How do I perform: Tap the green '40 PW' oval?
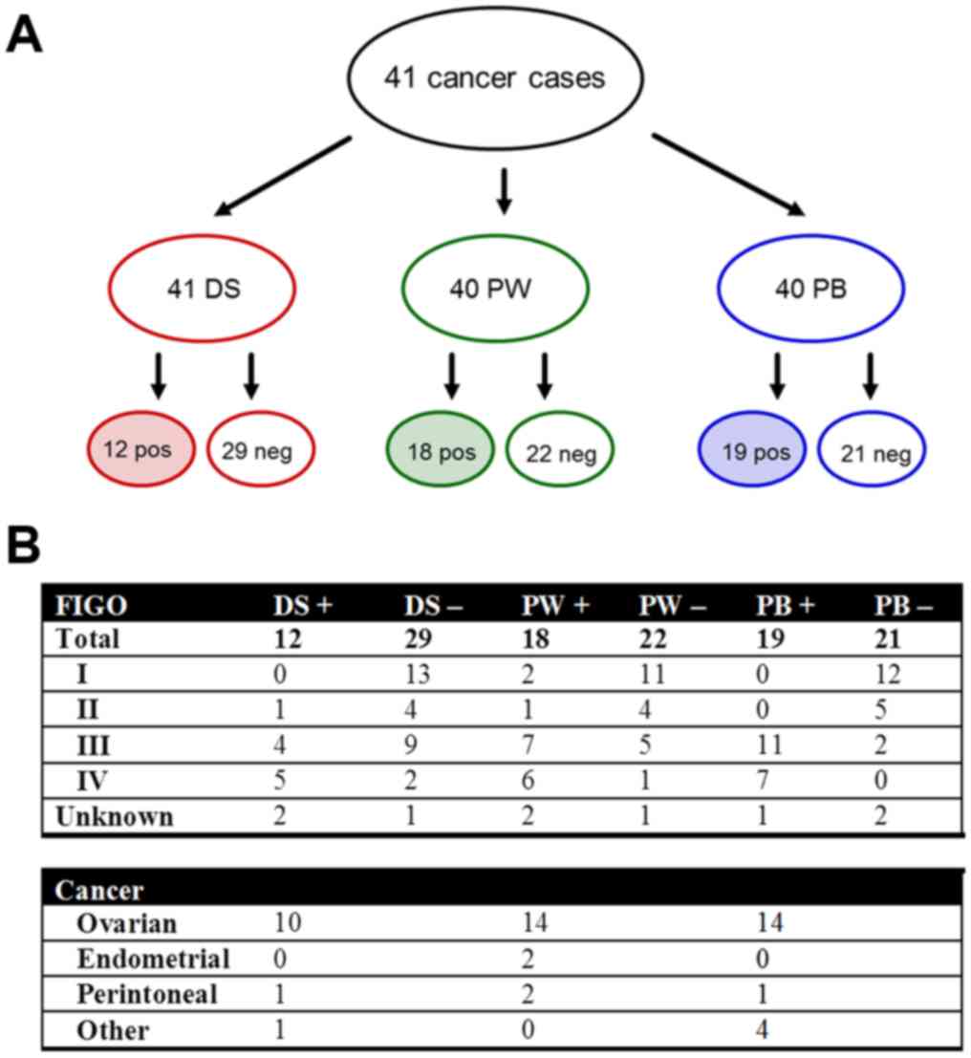click(494, 288)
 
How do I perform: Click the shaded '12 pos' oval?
click(143, 448)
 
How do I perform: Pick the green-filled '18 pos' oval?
click(441, 450)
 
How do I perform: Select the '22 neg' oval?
click(559, 450)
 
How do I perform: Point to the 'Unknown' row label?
click(115, 817)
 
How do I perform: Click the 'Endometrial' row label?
click(154, 959)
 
